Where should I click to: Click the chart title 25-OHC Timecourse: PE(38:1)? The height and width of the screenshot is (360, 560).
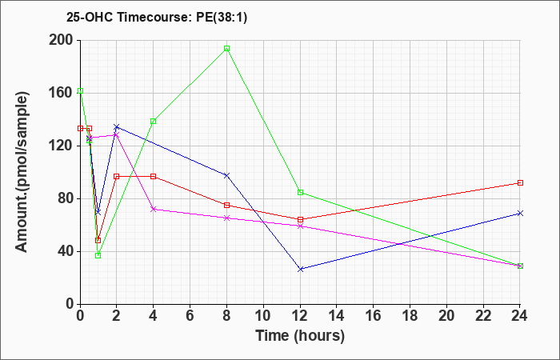[x=157, y=18]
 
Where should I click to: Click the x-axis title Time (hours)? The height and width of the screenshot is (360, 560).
[x=300, y=336]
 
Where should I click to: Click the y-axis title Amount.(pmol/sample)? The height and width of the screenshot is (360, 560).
[x=22, y=172]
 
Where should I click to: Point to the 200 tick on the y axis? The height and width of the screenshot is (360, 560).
[x=63, y=40]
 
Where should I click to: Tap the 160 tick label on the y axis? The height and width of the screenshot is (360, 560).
[x=63, y=94]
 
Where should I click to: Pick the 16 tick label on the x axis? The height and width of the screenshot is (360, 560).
[x=374, y=316]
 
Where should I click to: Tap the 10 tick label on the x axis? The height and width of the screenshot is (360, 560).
[x=263, y=316]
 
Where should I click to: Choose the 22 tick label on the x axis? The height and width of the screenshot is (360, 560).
[x=483, y=316]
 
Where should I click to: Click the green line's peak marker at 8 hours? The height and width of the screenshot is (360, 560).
[x=226, y=49]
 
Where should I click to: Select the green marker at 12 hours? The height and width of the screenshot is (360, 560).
[x=300, y=193]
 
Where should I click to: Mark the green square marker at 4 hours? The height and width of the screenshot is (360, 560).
[x=154, y=121]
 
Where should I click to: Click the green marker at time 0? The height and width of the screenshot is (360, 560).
[x=80, y=91]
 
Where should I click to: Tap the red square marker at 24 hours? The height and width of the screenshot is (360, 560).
[x=520, y=183]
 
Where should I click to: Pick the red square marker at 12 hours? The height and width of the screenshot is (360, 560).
[x=300, y=220]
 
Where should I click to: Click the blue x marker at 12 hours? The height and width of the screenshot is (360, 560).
[x=300, y=270]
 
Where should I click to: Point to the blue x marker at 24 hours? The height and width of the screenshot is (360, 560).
[x=520, y=214]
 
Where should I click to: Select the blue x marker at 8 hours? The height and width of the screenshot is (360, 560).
[x=226, y=175]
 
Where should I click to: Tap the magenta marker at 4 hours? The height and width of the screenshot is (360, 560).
[x=154, y=209]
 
